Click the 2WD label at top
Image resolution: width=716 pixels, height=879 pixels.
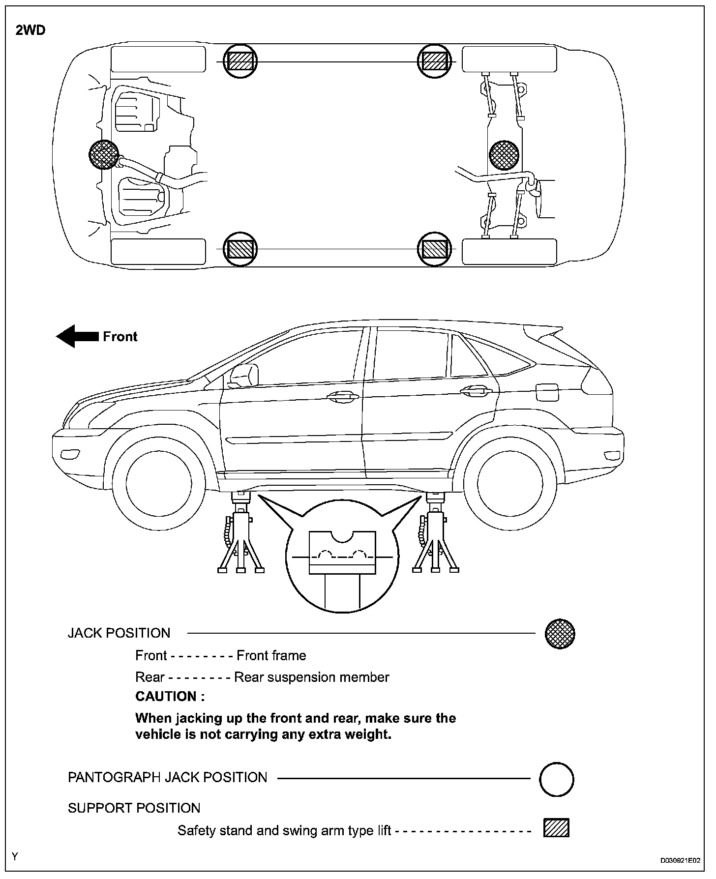30,30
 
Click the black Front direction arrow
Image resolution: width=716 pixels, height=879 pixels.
77,336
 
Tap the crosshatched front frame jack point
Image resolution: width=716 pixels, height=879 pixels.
104,154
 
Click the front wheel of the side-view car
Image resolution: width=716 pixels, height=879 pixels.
158,483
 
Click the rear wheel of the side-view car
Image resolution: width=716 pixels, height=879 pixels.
510,483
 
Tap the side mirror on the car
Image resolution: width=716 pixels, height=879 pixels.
244,375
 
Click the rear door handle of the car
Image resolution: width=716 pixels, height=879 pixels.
476,391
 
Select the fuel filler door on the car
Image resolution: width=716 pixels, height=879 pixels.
547,393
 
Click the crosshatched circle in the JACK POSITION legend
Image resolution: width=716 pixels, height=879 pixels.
560,634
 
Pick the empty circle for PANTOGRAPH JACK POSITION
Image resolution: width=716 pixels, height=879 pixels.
557,779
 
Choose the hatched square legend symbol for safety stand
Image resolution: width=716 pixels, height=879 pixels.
556,828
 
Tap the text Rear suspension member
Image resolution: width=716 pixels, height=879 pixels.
311,677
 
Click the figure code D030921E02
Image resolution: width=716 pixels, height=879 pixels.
680,861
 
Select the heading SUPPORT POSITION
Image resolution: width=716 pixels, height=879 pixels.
134,808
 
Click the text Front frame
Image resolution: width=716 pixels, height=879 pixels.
271,656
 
